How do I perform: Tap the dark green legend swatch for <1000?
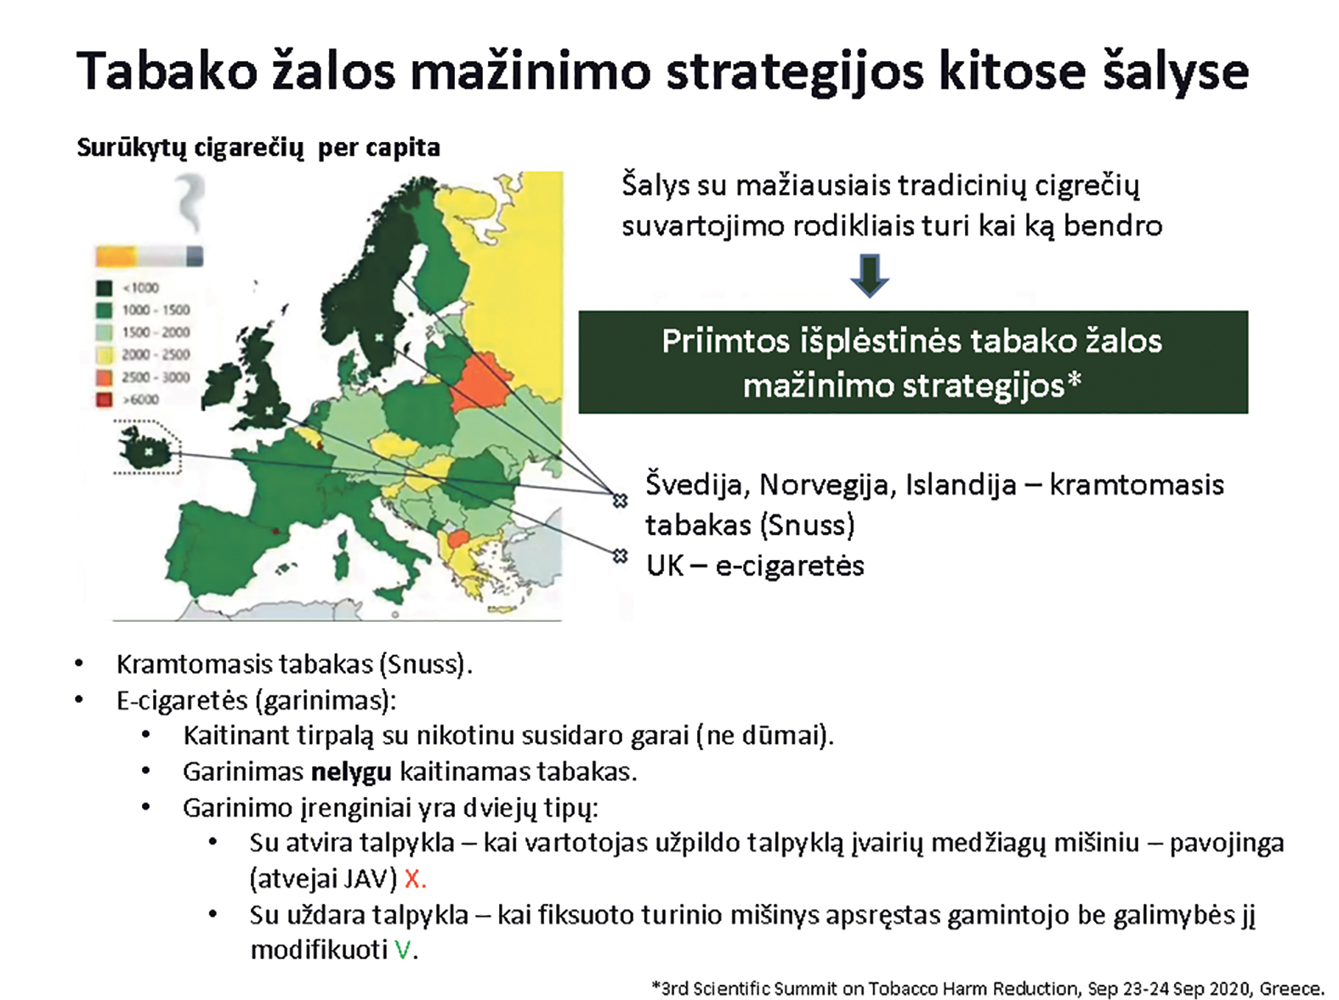(x=105, y=288)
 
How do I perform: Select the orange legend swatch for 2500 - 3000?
(x=105, y=377)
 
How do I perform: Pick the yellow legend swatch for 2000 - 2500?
(x=105, y=354)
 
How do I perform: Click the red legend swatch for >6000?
(x=105, y=400)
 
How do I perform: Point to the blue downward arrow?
(x=869, y=275)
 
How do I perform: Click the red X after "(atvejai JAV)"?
(x=413, y=879)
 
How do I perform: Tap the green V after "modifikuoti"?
(x=402, y=950)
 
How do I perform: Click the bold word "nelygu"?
(x=351, y=772)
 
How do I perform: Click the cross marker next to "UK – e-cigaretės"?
(x=621, y=556)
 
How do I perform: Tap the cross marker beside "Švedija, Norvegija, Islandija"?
(x=621, y=500)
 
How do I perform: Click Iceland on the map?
(x=146, y=449)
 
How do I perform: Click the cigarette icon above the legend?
(x=150, y=256)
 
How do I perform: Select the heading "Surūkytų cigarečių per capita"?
(x=258, y=148)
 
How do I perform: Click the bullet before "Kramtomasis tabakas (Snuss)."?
(x=79, y=664)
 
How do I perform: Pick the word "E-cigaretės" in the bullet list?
(x=183, y=701)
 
